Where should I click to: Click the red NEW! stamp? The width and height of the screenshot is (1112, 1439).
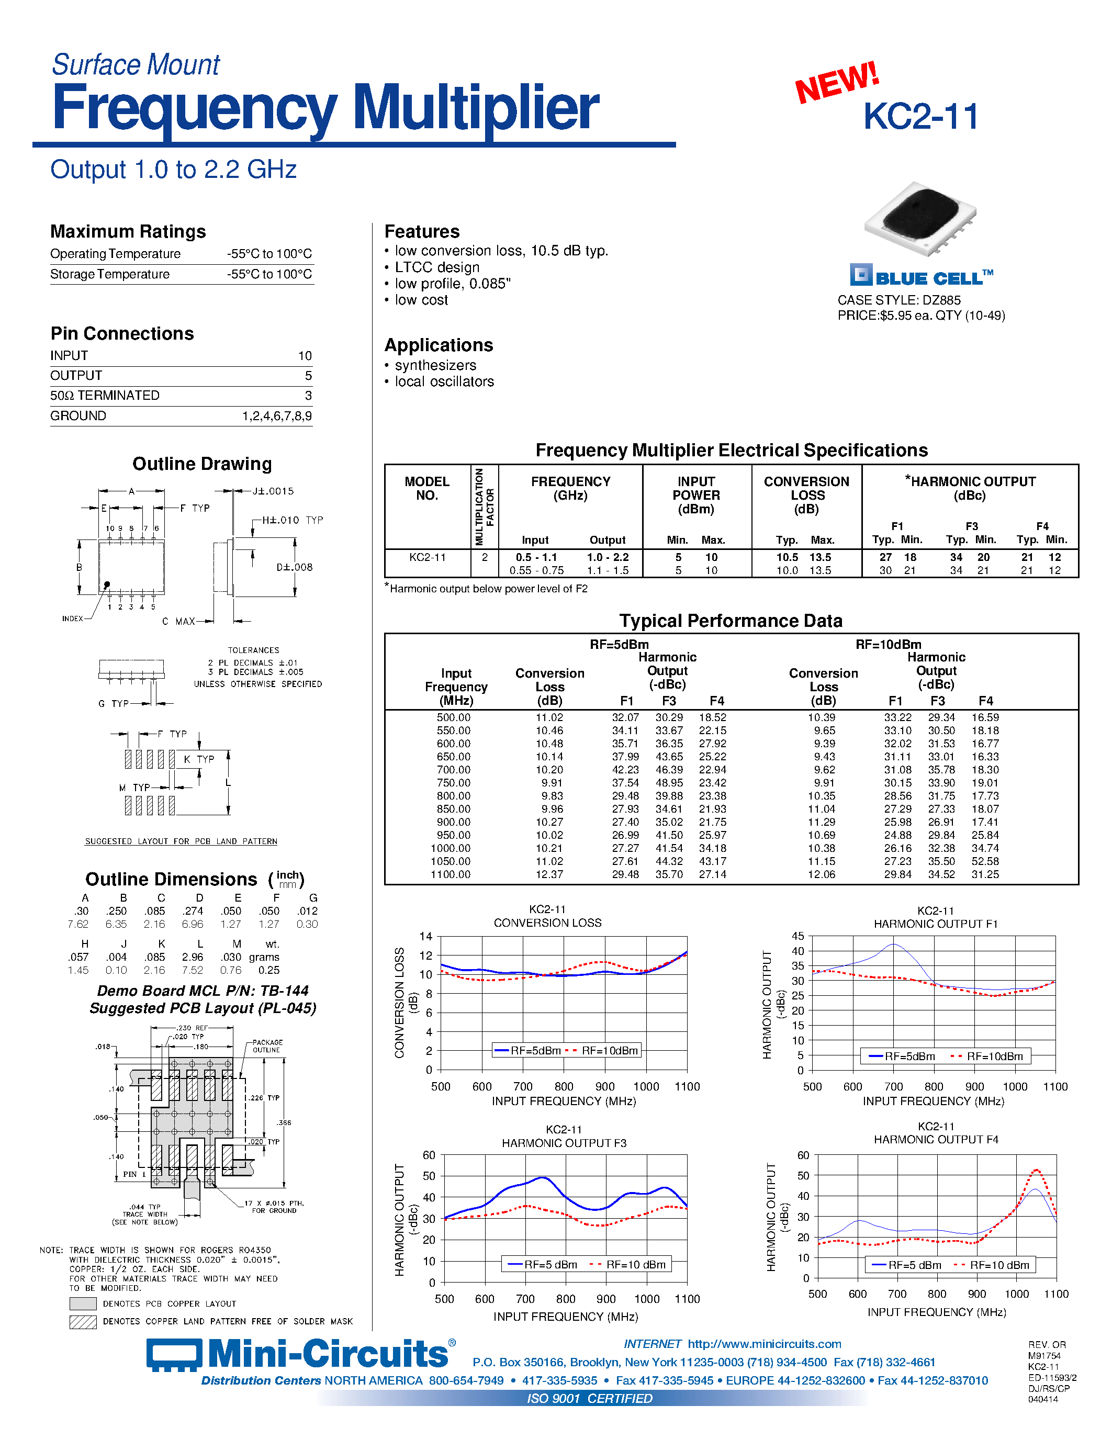pos(837,82)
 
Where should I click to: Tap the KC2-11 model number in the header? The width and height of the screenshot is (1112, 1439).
pos(920,117)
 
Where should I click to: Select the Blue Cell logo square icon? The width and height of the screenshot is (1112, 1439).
pos(860,275)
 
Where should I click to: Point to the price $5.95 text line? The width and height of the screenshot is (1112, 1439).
pos(921,316)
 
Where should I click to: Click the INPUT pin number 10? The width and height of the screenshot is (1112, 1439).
pos(305,356)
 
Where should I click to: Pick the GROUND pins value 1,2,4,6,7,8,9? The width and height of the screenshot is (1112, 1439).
pos(277,416)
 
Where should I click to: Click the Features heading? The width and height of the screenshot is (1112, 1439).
pos(422,232)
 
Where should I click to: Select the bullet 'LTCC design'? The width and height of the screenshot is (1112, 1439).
pos(437,267)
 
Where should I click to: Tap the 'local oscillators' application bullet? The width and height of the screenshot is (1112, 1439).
pos(444,381)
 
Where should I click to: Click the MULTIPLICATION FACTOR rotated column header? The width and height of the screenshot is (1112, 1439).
pos(484,506)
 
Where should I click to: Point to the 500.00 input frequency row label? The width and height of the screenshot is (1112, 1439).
pos(453,717)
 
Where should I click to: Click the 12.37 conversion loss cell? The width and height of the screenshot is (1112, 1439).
pos(549,874)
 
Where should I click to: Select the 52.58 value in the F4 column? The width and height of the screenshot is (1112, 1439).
pos(985,861)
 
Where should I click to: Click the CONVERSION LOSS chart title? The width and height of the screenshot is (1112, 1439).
pos(547,923)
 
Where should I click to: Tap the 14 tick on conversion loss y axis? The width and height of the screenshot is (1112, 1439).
pos(425,936)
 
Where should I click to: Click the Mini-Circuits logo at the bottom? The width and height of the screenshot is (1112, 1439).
pos(300,1355)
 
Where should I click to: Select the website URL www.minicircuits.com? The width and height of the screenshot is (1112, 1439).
pos(764,1344)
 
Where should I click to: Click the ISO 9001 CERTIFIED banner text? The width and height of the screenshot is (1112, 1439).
pos(590,1398)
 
